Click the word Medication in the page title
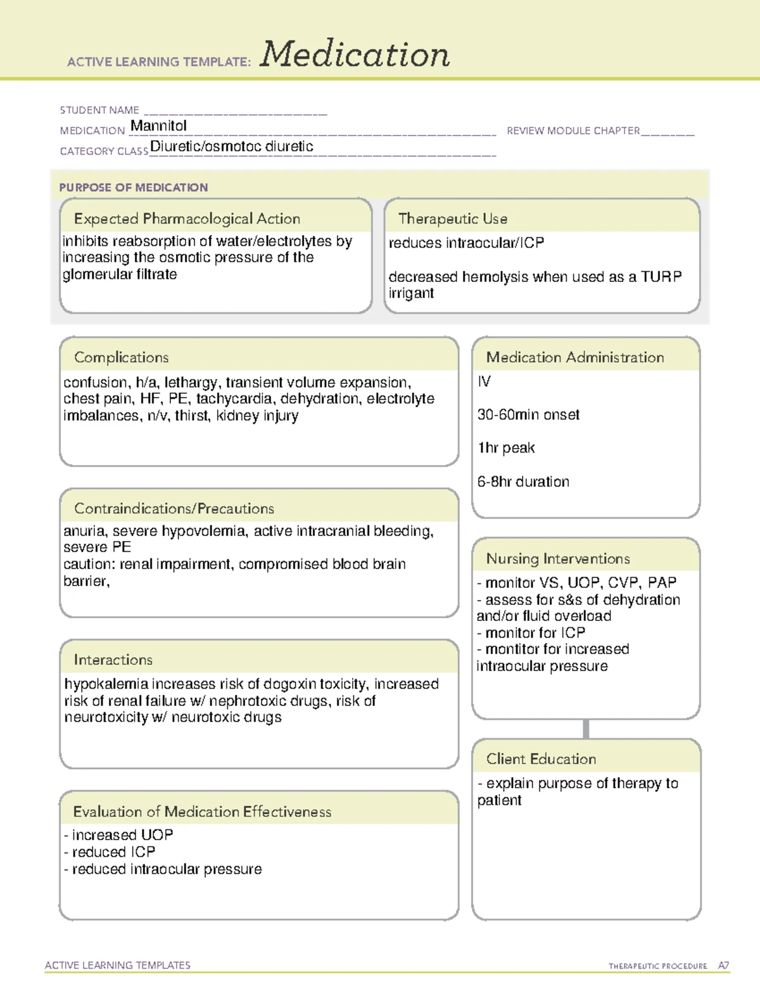(x=355, y=54)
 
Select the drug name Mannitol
(x=158, y=126)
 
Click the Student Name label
(x=99, y=110)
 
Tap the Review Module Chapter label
(x=573, y=131)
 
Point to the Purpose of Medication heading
(x=134, y=188)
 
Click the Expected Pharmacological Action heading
(x=187, y=219)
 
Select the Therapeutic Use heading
(x=453, y=219)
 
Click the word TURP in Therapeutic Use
(x=661, y=277)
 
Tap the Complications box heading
(x=122, y=357)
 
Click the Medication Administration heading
(x=575, y=357)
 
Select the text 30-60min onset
(x=528, y=415)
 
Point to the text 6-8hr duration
(x=523, y=482)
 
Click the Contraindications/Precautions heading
(x=174, y=509)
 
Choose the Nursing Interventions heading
(x=558, y=559)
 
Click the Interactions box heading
(x=113, y=660)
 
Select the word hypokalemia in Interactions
(x=106, y=684)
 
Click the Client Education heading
(x=541, y=759)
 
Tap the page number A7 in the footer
(x=723, y=966)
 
